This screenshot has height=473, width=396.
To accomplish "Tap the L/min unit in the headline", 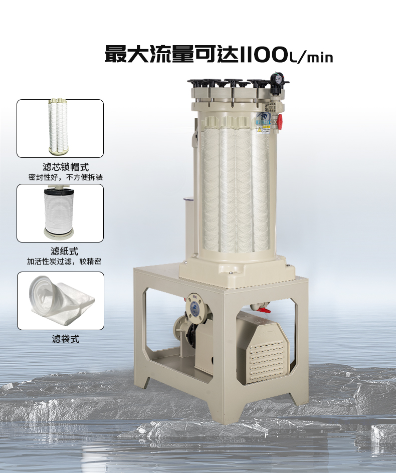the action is tap(311, 57).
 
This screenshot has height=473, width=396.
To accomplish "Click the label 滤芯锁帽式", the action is tap(66, 167).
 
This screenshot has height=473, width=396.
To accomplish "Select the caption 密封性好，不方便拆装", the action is tap(66, 177).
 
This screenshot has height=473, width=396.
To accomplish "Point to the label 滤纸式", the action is tap(64, 251).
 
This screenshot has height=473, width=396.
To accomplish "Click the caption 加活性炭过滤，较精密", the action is tap(64, 261).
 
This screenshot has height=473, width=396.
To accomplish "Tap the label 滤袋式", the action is tap(66, 339).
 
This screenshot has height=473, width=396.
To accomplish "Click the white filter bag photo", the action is tap(62, 300).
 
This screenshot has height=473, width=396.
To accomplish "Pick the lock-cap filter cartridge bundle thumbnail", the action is tap(59, 126).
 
